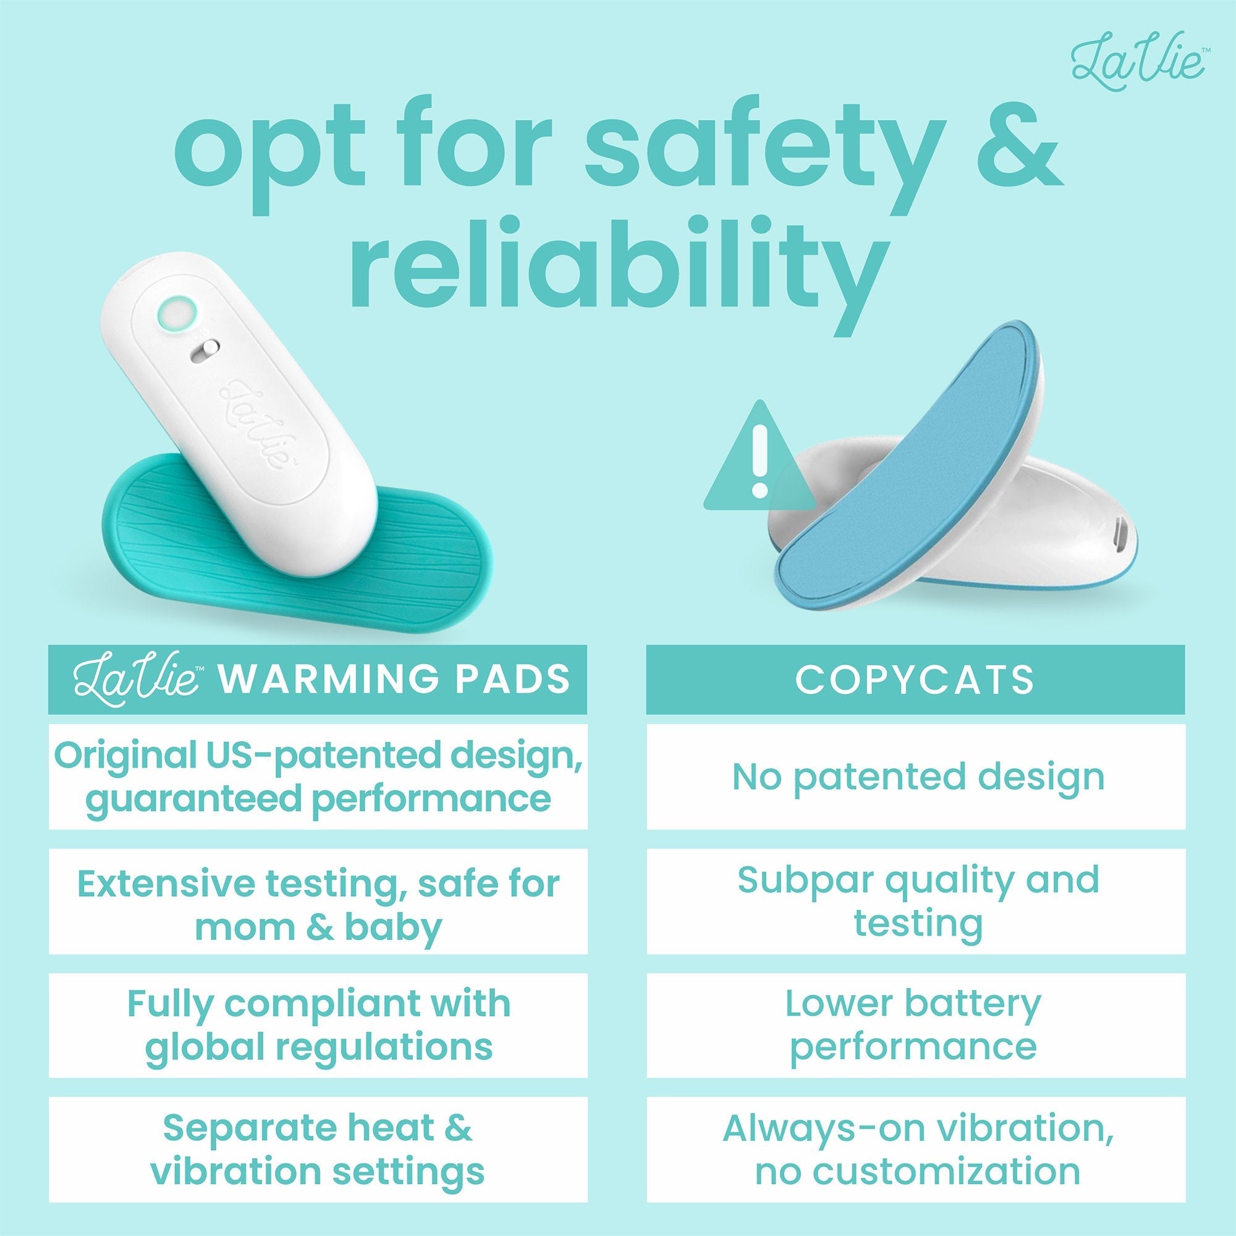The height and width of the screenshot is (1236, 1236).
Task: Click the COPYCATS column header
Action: pos(915,679)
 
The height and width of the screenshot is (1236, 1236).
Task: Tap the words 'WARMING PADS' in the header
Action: pos(394,679)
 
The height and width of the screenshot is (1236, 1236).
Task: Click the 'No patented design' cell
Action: pos(915,777)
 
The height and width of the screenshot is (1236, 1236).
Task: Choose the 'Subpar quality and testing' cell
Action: pos(915,902)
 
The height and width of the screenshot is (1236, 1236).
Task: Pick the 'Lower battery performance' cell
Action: pos(915,1025)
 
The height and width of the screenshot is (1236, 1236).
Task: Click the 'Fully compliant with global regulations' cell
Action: pos(318,1025)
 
